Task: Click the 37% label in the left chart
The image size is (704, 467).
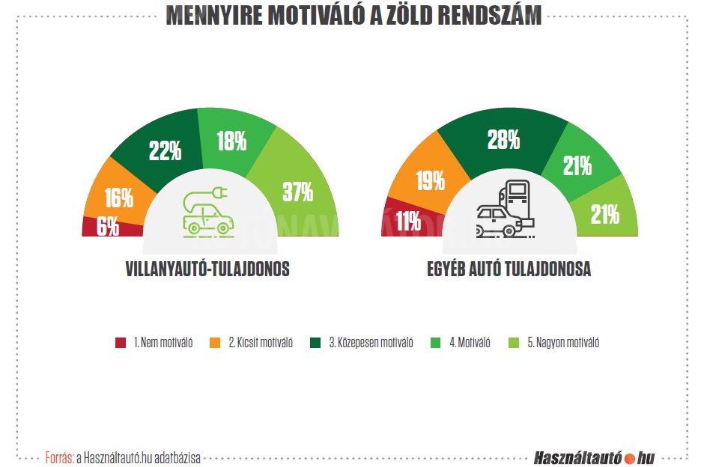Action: pyautogui.click(x=297, y=192)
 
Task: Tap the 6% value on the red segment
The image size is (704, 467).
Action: pyautogui.click(x=107, y=226)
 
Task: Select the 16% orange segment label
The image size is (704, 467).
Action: pyautogui.click(x=118, y=198)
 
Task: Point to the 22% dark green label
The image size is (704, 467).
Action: pyautogui.click(x=165, y=152)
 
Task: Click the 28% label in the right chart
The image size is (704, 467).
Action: pyautogui.click(x=503, y=140)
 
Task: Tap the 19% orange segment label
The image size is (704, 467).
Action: pyautogui.click(x=429, y=180)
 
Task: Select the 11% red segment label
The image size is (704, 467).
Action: pyautogui.click(x=409, y=222)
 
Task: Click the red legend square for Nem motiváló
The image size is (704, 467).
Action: pyautogui.click(x=121, y=344)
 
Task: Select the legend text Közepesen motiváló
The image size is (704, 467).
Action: pyautogui.click(x=371, y=344)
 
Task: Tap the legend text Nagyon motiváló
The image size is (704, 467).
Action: pyautogui.click(x=562, y=344)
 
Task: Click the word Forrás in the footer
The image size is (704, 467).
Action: pyautogui.click(x=59, y=457)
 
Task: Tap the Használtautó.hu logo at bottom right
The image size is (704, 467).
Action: pyautogui.click(x=595, y=457)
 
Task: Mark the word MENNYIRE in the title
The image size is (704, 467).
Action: pyautogui.click(x=213, y=16)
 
